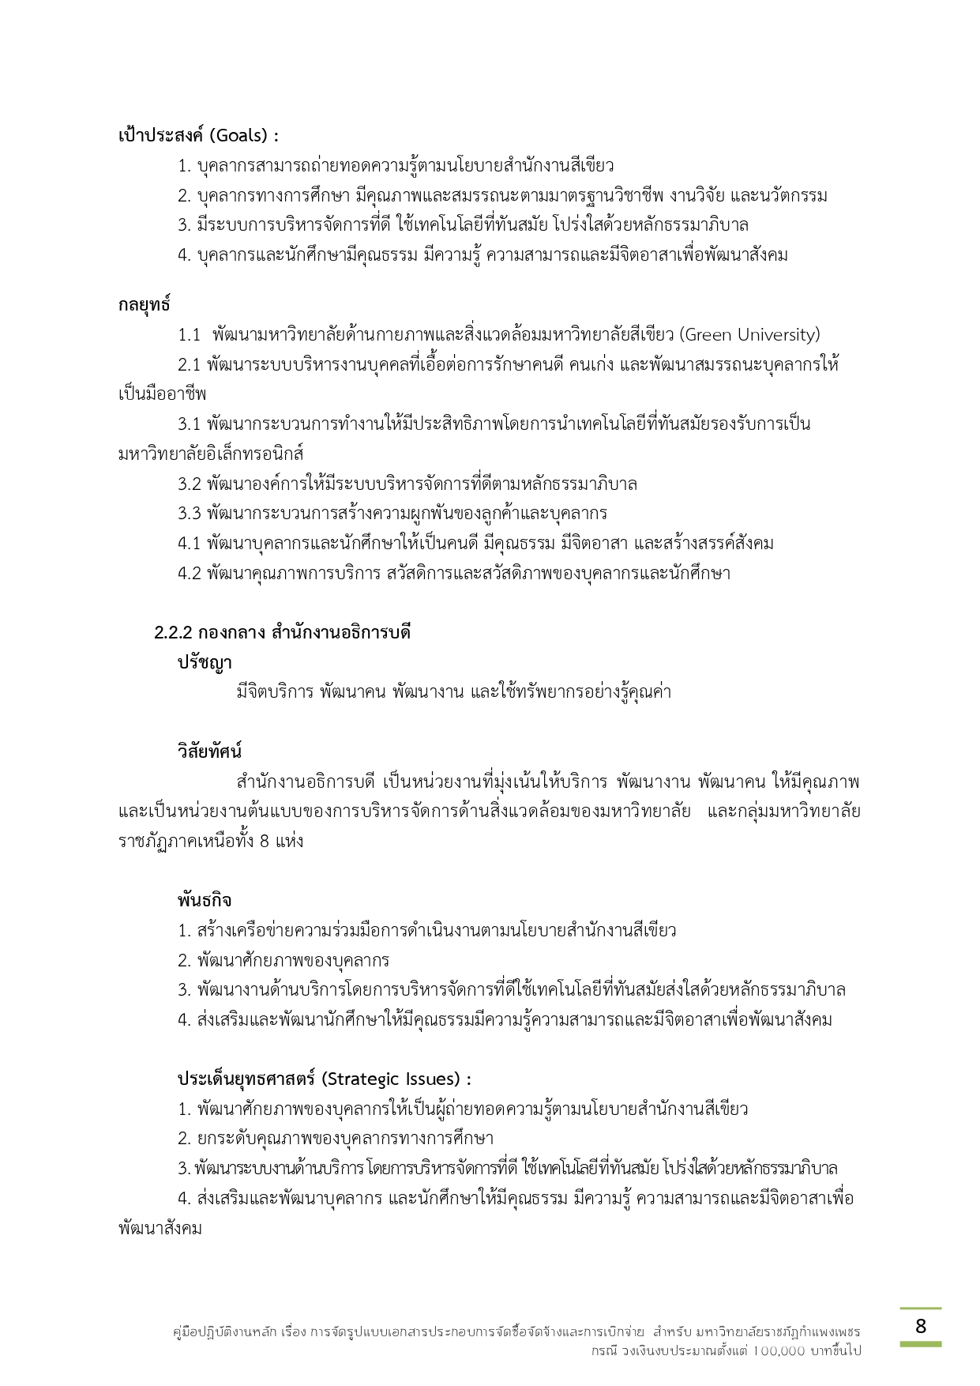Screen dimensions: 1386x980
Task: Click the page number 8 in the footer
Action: (x=920, y=1327)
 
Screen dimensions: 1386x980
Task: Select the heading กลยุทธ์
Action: (x=144, y=304)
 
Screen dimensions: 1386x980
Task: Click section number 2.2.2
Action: (x=173, y=633)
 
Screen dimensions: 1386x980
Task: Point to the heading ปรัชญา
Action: (x=205, y=662)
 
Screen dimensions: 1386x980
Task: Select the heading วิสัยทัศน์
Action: (x=209, y=751)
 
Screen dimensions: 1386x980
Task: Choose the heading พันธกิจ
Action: (x=205, y=900)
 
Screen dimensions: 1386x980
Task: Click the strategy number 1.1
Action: (x=190, y=335)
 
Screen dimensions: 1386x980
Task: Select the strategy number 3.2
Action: (x=190, y=484)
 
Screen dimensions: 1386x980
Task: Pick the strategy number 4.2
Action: (x=190, y=573)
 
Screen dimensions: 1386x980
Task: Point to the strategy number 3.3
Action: (x=190, y=514)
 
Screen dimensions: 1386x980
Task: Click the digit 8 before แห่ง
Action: (x=265, y=841)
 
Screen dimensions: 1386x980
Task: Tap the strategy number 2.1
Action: (x=190, y=365)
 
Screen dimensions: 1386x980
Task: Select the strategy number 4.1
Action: (x=190, y=544)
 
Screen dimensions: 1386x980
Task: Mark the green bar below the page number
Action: (x=920, y=1343)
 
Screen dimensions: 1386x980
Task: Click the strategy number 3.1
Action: (x=190, y=424)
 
